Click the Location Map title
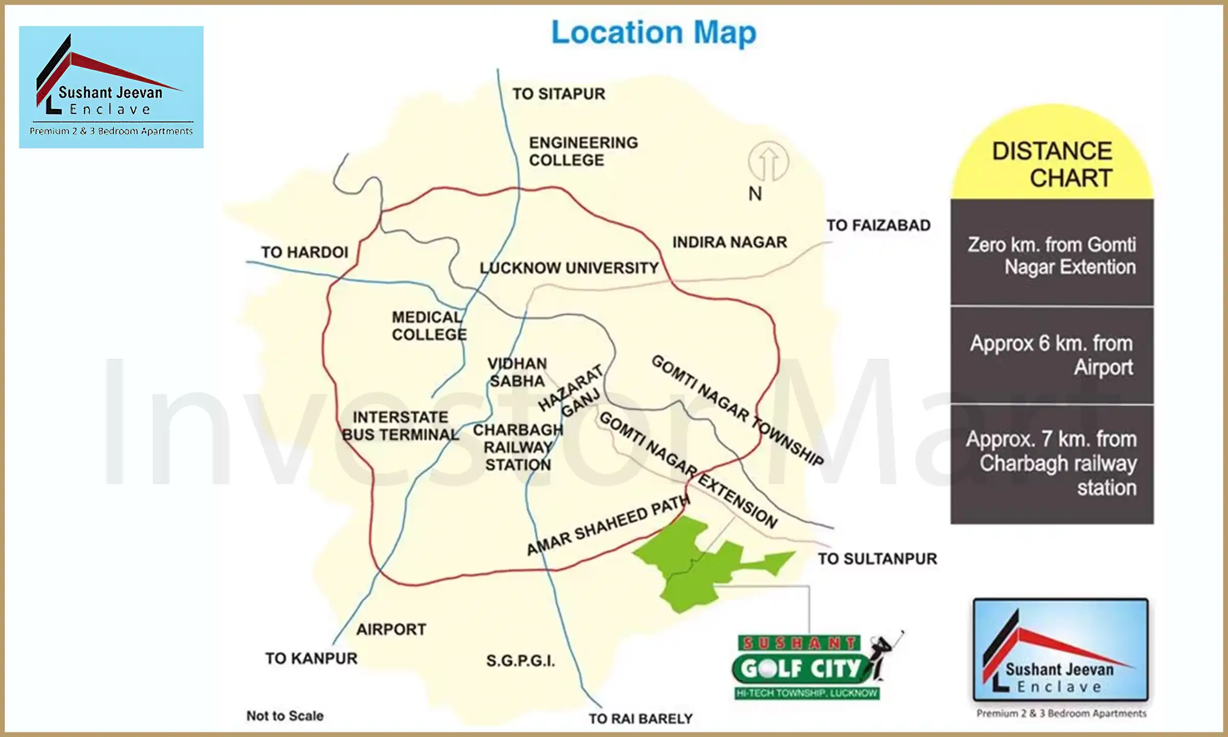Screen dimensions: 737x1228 coord(653,33)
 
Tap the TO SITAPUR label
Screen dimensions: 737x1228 coord(559,94)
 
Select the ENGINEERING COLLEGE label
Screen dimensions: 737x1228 coord(583,151)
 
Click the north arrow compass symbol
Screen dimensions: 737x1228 coord(768,162)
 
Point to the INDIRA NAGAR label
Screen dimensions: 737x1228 coord(730,242)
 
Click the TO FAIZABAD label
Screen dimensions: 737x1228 coord(878,225)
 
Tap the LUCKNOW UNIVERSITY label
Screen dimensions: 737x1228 coord(569,268)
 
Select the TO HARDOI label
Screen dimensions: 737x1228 coord(304,252)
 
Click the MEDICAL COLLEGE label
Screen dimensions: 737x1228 coord(429,326)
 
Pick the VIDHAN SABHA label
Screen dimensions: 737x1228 coord(517,373)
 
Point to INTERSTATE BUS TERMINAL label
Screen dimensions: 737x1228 coord(401,426)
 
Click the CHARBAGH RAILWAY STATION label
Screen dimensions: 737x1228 coord(518,447)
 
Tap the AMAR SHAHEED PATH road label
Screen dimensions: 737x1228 coord(608,525)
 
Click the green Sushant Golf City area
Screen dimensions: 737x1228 coord(696,568)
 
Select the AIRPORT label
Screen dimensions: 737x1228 coord(391,630)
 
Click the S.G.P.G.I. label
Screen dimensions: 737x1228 coord(520,661)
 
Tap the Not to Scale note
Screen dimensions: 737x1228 coord(285,716)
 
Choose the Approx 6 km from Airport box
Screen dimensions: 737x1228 coord(1052,355)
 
